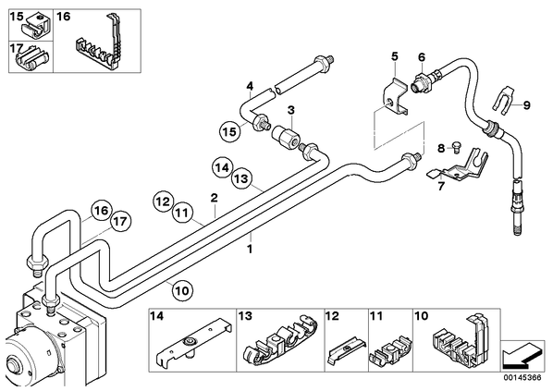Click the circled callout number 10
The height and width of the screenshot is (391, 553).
[182, 291]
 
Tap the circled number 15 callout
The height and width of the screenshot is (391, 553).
[229, 132]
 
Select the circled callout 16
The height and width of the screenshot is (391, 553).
[101, 211]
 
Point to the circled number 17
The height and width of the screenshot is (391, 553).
[120, 222]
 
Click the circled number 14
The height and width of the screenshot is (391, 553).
[223, 168]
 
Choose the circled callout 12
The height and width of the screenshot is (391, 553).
[163, 202]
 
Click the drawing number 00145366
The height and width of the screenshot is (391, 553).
[522, 378]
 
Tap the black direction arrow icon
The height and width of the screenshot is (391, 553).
[522, 355]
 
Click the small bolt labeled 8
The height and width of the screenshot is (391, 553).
[456, 146]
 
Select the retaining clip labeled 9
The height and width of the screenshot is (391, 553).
[502, 101]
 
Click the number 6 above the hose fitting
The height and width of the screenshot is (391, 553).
[422, 57]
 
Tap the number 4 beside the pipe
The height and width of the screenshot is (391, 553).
[250, 86]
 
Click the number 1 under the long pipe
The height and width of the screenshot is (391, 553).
[250, 250]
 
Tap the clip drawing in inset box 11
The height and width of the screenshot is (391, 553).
[390, 350]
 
